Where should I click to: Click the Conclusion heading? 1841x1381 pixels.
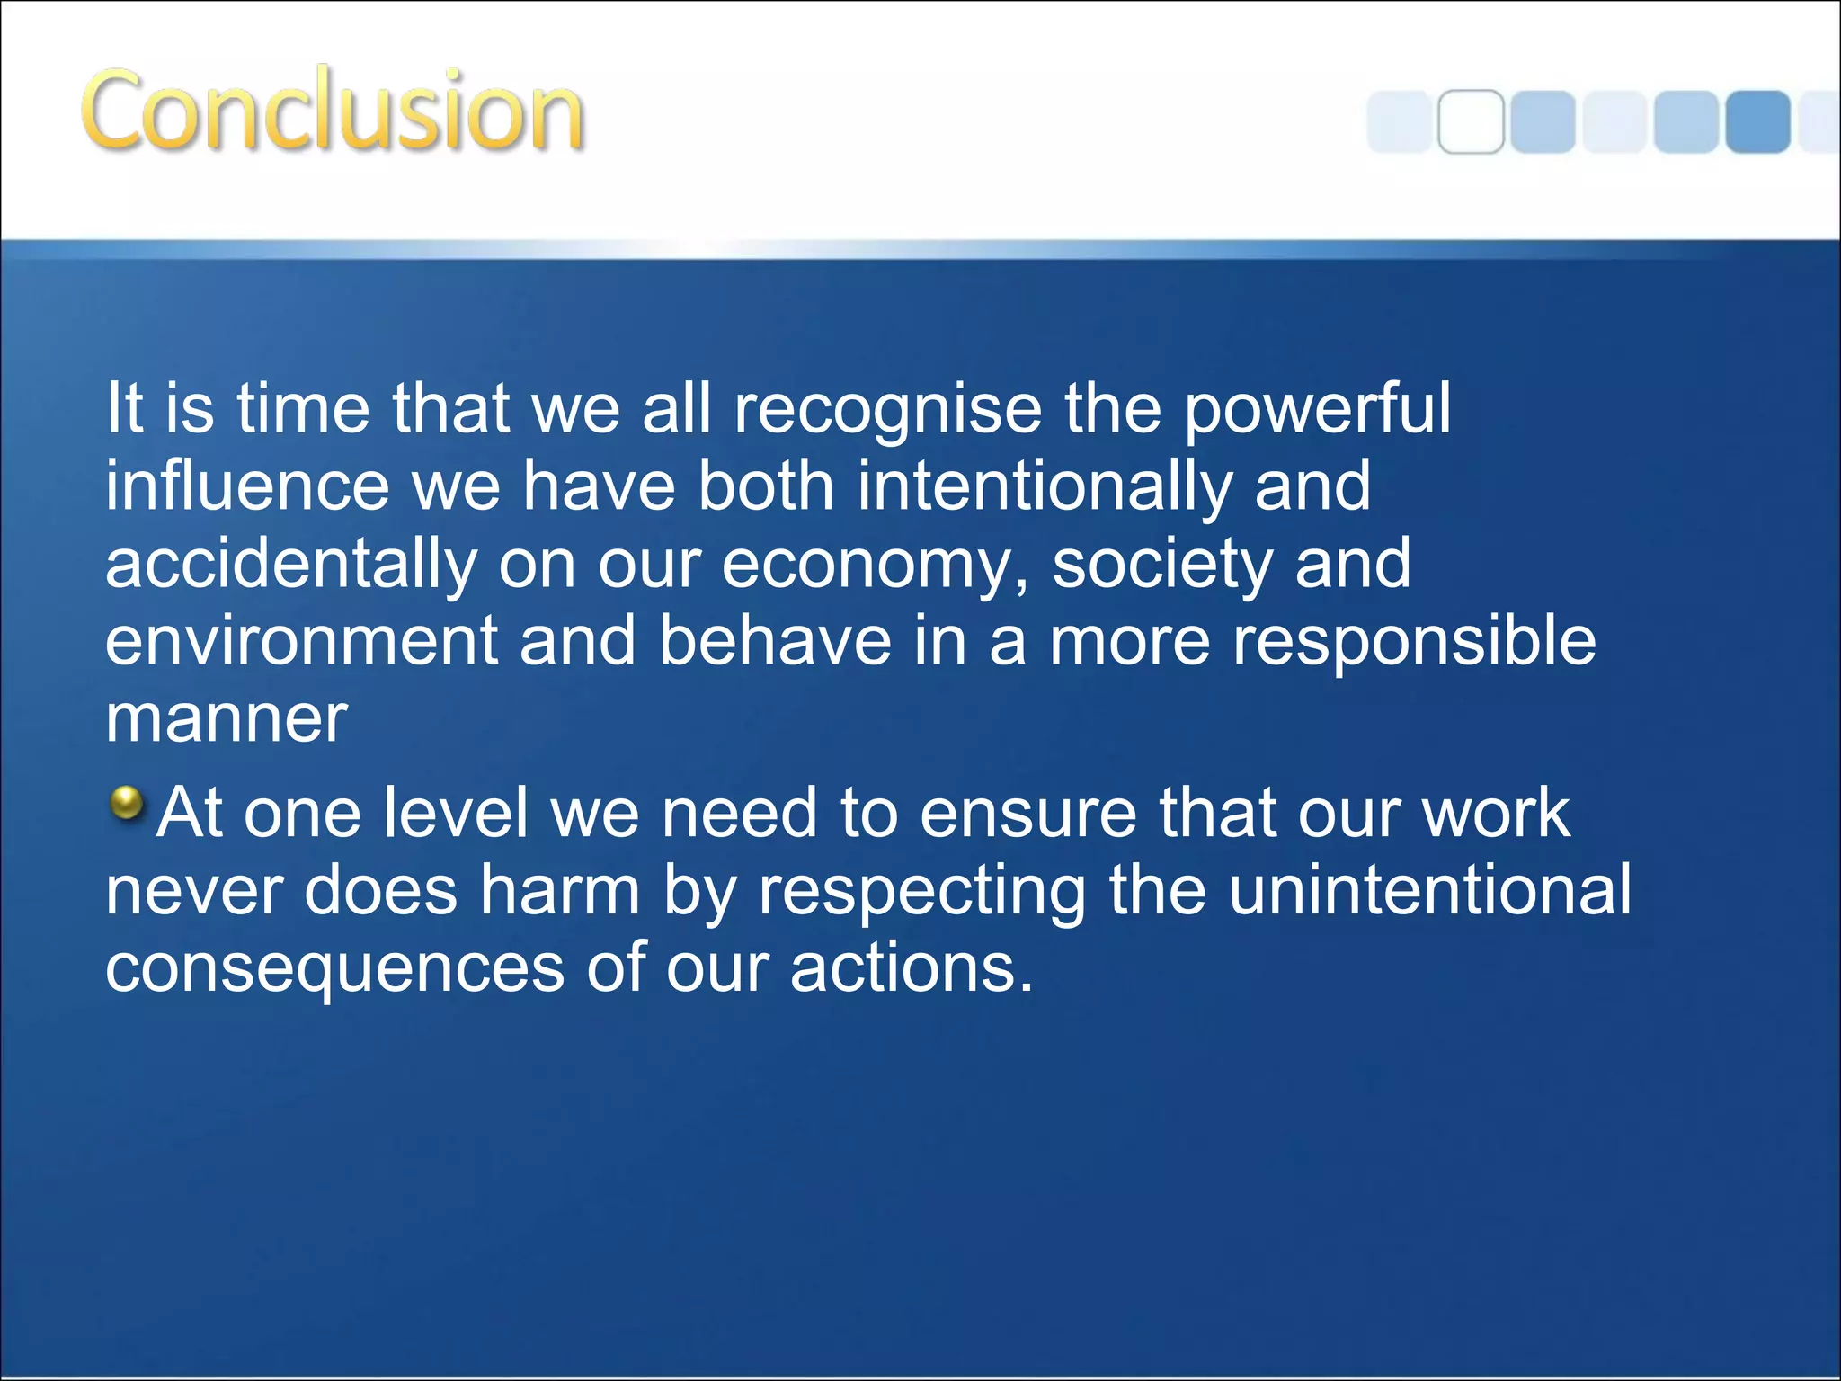coord(333,111)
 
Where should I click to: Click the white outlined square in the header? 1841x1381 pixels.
coord(1471,121)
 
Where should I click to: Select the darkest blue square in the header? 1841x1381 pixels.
coord(1757,121)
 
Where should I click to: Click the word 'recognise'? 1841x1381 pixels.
coord(888,410)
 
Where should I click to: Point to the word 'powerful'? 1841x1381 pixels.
coord(1316,410)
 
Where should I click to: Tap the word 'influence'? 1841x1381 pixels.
coord(247,486)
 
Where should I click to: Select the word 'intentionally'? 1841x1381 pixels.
coord(1044,486)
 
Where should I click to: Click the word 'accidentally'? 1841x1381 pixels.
coord(290,565)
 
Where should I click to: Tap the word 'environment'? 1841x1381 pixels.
coord(301,642)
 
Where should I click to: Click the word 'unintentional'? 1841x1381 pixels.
coord(1429,889)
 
